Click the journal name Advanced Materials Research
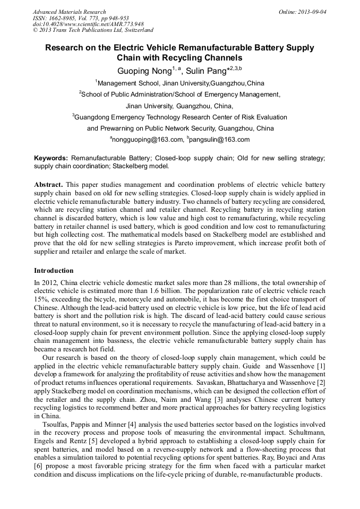pos(69,12)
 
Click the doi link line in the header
pos(88,24)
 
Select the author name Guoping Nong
pos(140,71)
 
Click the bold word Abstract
pos(48,184)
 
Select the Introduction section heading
pos(54,271)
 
